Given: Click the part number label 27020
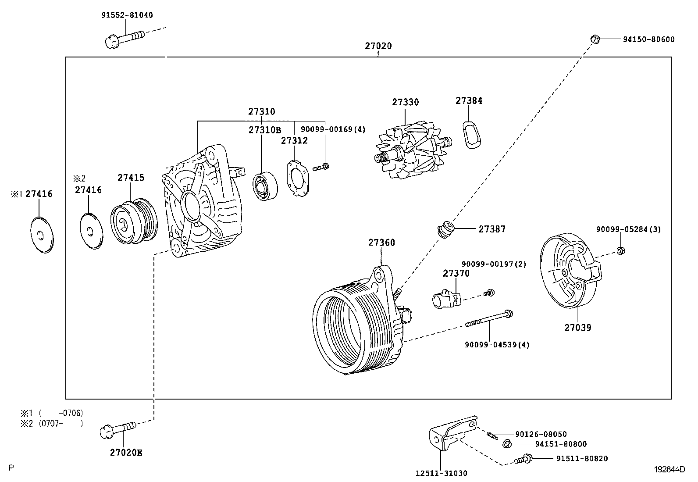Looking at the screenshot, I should pos(378,46).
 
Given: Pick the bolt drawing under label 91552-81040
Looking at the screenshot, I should pos(125,38).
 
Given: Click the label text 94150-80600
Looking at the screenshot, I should pos(648,39).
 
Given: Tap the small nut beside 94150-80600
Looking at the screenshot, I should pos(595,39).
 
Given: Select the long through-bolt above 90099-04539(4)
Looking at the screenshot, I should pos(489,319).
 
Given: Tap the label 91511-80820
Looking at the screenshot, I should pos(582,459).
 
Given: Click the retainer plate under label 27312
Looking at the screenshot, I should pos(298,179).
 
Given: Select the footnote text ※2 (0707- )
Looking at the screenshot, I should pos(51,423).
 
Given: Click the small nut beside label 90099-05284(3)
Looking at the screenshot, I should pos(620,250).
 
